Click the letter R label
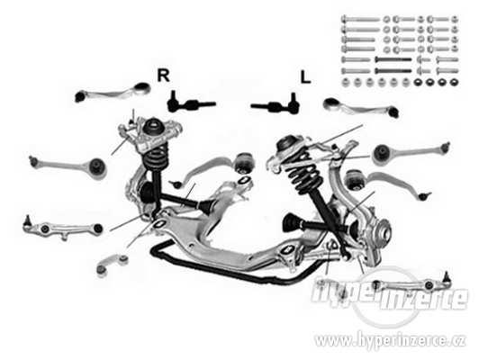tap(164, 76)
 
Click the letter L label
tap(305, 77)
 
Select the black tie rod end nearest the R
tap(191, 104)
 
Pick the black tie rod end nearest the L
tap(276, 104)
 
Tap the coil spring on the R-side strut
tap(157, 157)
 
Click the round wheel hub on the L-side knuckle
tap(383, 232)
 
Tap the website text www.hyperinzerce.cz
tap(390, 340)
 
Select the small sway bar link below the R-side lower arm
tap(112, 265)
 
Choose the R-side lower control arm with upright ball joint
tap(63, 229)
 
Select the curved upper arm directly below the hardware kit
tap(360, 107)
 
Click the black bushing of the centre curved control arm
tap(245, 162)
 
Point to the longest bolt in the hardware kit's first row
tap(361, 20)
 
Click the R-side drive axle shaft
tap(180, 200)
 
